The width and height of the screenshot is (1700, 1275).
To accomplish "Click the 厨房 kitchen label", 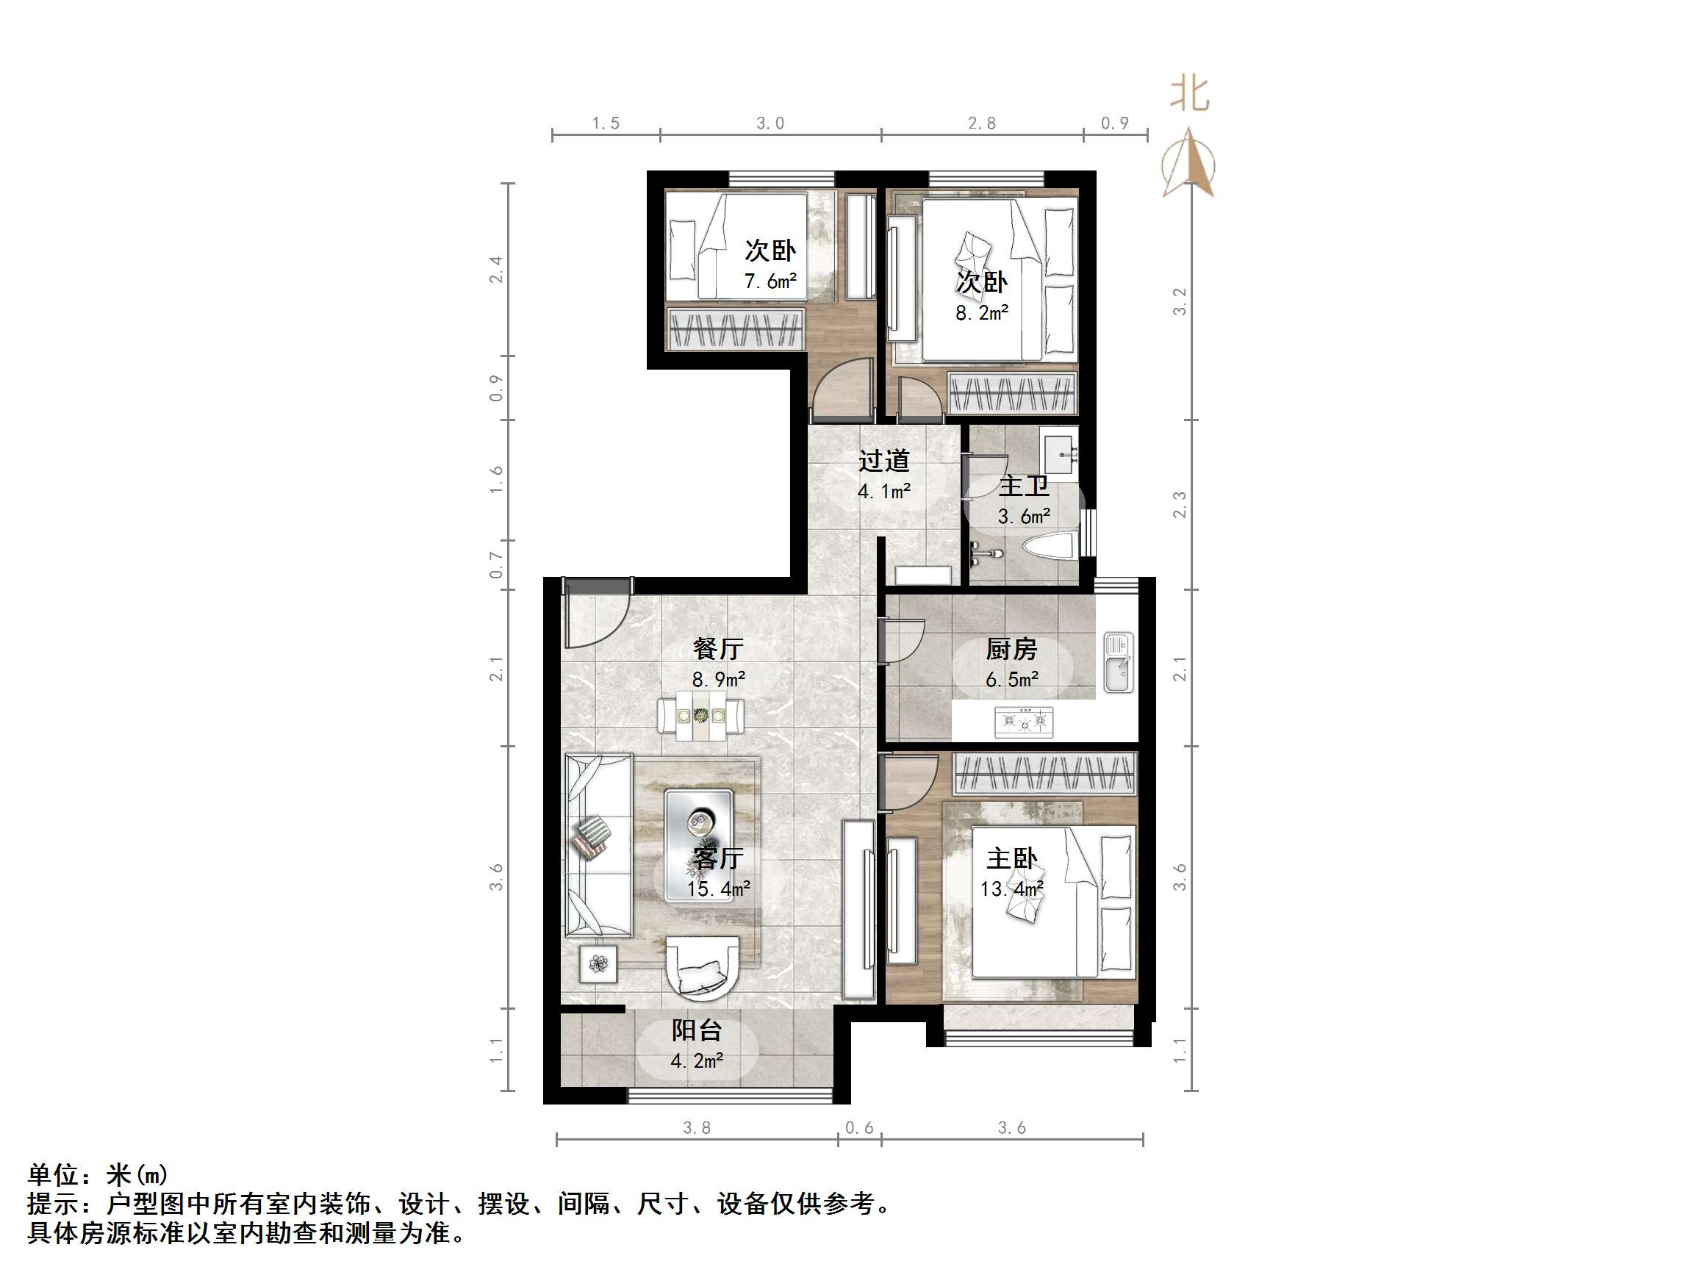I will click(x=1011, y=650).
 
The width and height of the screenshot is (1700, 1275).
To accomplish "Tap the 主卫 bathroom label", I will click(x=1024, y=486).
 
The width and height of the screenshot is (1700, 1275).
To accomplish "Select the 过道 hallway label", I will click(x=884, y=460).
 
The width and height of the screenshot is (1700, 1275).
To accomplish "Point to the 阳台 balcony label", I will click(x=696, y=1030).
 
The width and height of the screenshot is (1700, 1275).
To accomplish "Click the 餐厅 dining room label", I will click(x=718, y=649).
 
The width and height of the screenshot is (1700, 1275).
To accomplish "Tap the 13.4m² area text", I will click(x=1011, y=889).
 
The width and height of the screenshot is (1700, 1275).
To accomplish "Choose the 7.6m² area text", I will click(x=770, y=281).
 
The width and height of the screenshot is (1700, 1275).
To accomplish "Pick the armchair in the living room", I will click(x=703, y=973).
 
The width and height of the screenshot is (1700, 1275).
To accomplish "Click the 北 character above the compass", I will click(x=1190, y=95).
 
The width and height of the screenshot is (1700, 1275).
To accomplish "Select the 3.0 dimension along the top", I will click(x=770, y=123).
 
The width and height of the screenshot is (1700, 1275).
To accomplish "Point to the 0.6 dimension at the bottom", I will click(x=859, y=1127).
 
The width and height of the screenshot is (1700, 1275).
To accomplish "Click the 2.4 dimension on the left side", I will click(x=496, y=270).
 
